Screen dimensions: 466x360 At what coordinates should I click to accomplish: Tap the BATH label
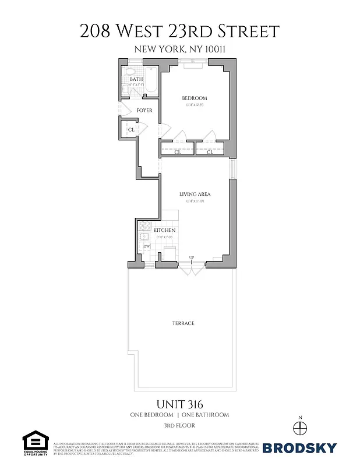coord(136,79)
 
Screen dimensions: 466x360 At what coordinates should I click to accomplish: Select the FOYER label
coord(144,110)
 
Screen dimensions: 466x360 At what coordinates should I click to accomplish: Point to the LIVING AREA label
coord(195,194)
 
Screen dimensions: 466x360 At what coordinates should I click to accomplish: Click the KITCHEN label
coord(164,230)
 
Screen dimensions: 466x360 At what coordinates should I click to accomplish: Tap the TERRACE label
coord(183,323)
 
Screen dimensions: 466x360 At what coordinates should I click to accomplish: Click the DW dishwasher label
coord(146,246)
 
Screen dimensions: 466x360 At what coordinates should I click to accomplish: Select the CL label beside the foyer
coord(131,129)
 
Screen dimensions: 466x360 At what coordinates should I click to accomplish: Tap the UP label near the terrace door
coord(192,257)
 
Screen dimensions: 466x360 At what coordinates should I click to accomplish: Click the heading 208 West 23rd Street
coord(180,31)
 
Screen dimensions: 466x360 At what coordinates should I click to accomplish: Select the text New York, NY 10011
coord(180,50)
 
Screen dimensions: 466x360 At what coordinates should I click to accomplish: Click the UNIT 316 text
coord(180,404)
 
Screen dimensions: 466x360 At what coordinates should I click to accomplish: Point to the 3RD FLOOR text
coord(180,426)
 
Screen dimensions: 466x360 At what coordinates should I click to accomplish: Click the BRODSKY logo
coord(299,448)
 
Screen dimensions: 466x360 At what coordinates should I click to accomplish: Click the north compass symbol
coord(300,428)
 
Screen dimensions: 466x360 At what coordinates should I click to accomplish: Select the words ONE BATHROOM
coord(205,415)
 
